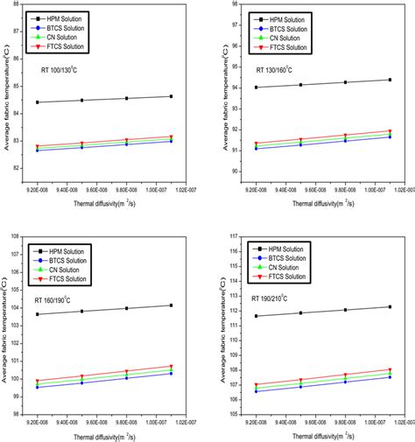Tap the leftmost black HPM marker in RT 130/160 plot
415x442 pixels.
257,88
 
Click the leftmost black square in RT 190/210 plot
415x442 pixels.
257,316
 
